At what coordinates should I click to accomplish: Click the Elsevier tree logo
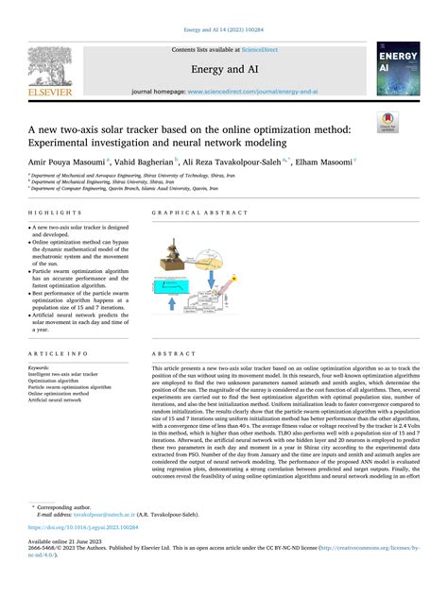point(43,69)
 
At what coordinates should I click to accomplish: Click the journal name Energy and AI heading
point(224,68)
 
